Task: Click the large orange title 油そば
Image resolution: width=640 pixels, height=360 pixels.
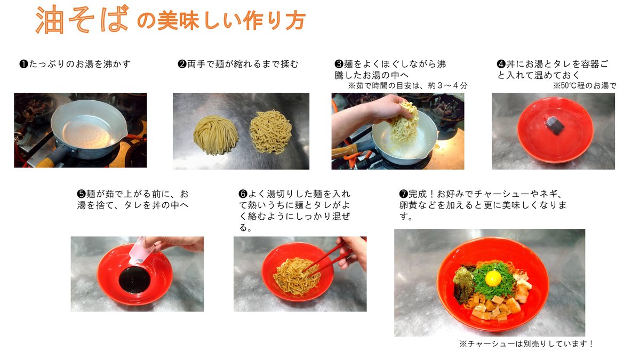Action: coord(82,19)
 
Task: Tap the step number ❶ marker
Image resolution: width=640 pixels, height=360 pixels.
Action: coord(23,63)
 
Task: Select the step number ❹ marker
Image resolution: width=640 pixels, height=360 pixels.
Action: coord(501,63)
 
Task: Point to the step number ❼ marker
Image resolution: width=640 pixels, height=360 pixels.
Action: coord(403,194)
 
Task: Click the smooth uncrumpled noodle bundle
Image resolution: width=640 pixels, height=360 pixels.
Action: coord(215,135)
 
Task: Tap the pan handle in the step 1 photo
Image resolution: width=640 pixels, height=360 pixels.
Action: coord(54,157)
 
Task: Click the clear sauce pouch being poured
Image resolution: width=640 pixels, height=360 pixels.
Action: coord(139,251)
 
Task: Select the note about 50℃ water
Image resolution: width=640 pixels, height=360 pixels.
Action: coord(585,86)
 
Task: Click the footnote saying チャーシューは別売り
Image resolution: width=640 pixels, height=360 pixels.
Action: coord(526,343)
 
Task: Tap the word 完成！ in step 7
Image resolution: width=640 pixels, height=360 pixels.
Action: coord(422,194)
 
